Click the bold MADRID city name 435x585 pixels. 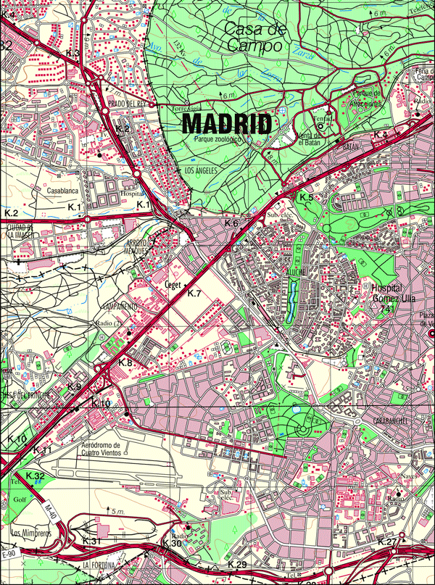[x=227, y=123]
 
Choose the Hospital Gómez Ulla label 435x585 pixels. [x=386, y=294]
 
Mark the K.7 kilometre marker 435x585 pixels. [x=194, y=294]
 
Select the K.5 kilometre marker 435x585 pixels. [x=306, y=198]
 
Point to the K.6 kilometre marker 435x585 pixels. [x=231, y=222]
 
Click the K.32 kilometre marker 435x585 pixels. [x=36, y=476]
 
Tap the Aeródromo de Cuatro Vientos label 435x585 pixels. [x=109, y=449]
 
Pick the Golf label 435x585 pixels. [x=18, y=500]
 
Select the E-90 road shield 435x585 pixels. [x=9, y=555]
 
